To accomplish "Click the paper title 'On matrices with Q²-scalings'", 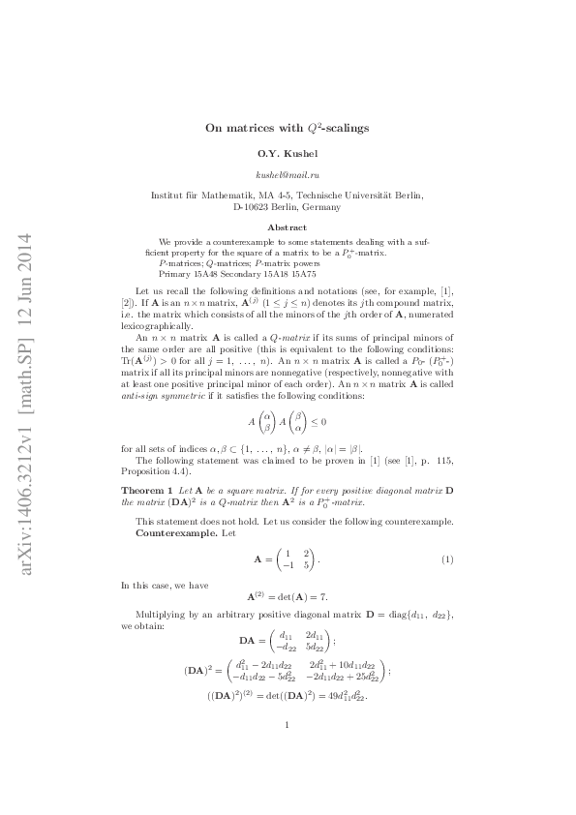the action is click(288, 127).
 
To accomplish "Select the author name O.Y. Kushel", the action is click(288, 154).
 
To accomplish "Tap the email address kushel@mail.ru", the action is click(288, 175).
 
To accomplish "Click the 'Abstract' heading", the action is click(288, 226).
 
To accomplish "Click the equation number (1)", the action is click(448, 560).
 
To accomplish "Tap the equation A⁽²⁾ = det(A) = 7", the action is click(288, 597).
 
